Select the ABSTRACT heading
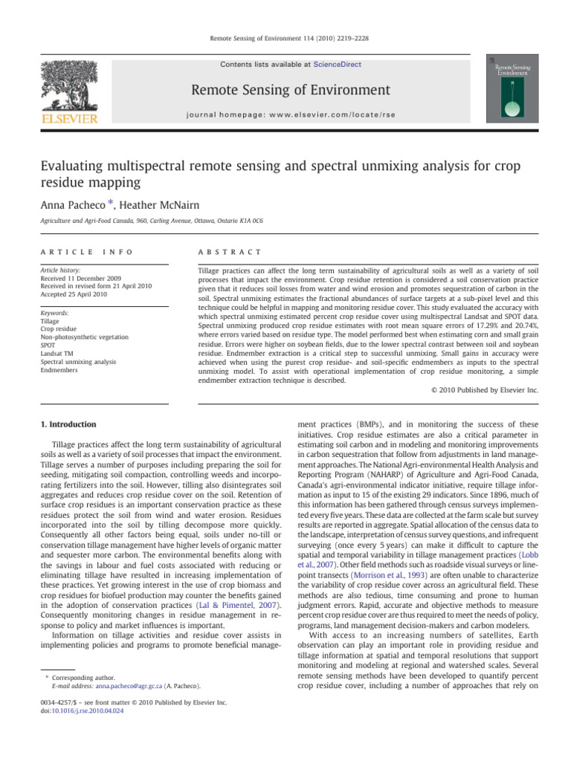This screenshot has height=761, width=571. (222, 253)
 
